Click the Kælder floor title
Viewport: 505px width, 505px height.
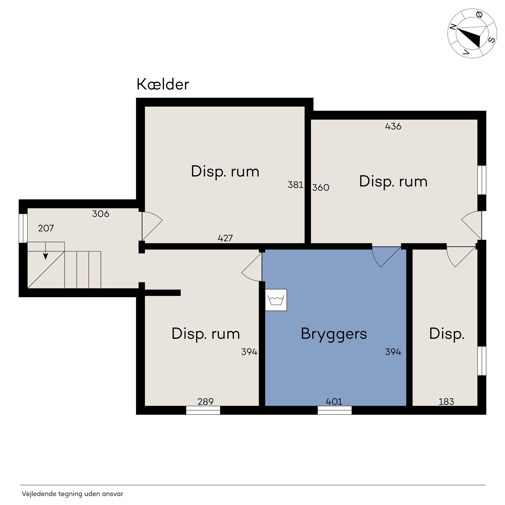(x=163, y=84)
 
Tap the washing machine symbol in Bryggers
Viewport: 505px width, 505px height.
(x=276, y=300)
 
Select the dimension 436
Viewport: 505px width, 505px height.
(x=393, y=126)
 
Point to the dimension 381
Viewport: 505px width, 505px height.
(x=295, y=185)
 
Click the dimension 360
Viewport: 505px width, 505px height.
(x=321, y=187)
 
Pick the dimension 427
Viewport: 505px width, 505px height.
(x=225, y=238)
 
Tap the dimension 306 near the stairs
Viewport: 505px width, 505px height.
(x=101, y=214)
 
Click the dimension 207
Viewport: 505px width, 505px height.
(x=46, y=228)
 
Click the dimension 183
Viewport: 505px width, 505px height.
(x=446, y=401)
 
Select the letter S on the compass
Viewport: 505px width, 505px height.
(x=491, y=40)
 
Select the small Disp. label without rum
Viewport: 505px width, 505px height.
(x=447, y=334)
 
